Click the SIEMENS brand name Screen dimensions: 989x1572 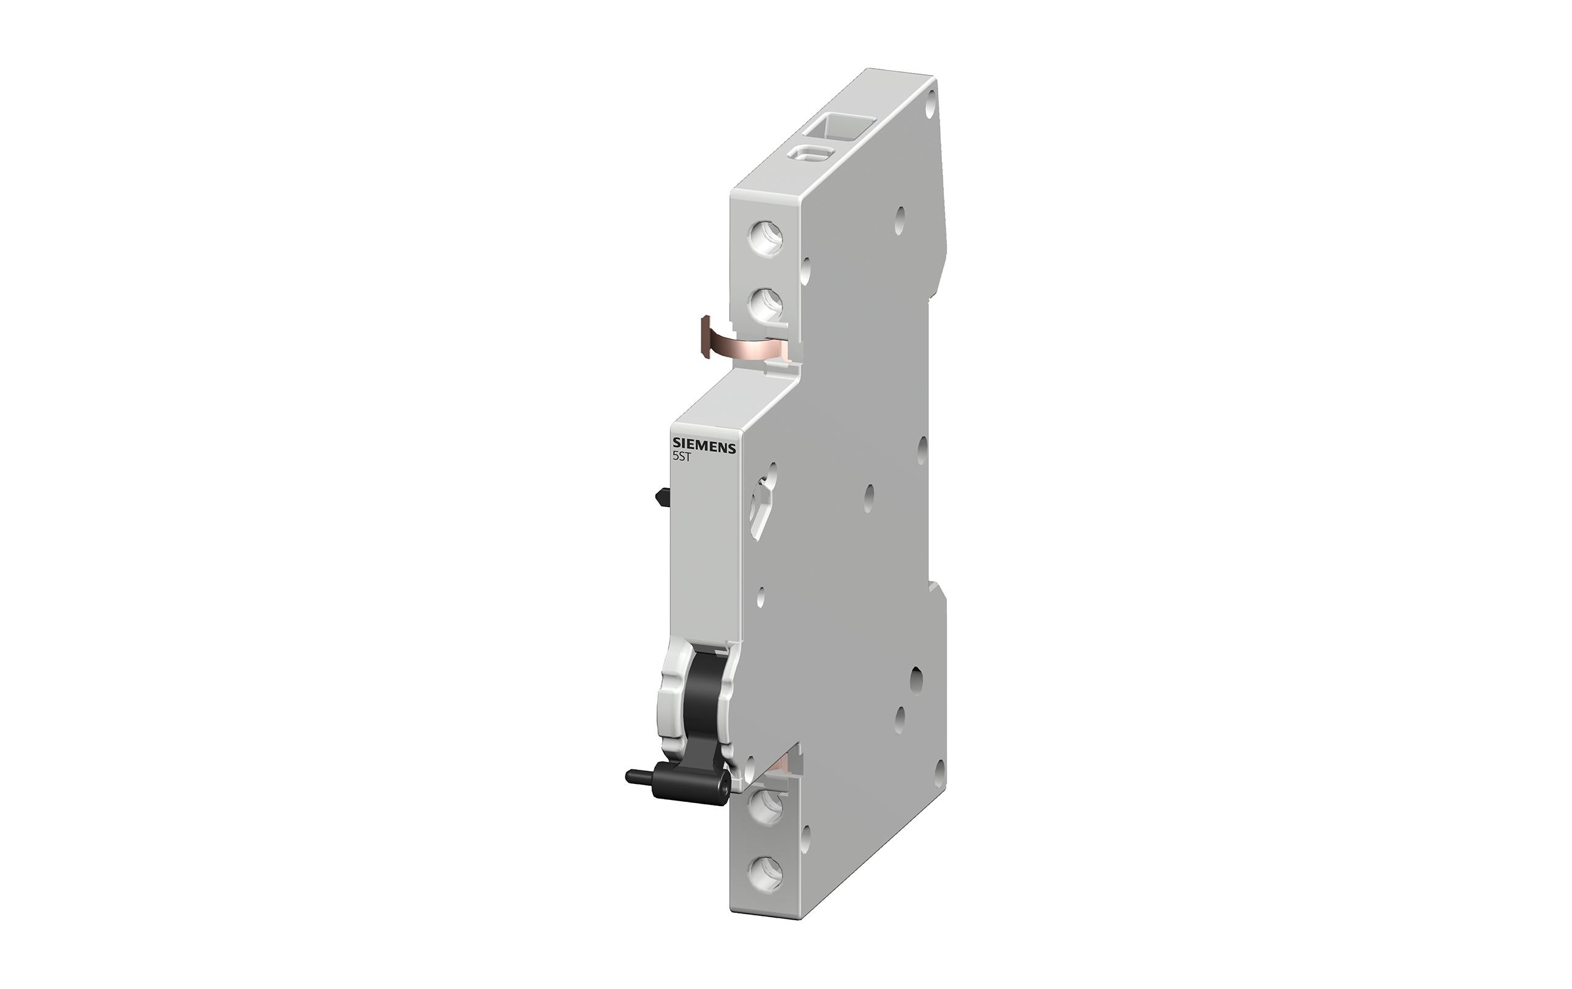point(704,447)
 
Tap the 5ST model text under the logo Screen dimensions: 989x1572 point(682,458)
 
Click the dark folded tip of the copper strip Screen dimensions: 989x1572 point(705,336)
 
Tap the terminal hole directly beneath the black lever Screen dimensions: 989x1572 point(765,804)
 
